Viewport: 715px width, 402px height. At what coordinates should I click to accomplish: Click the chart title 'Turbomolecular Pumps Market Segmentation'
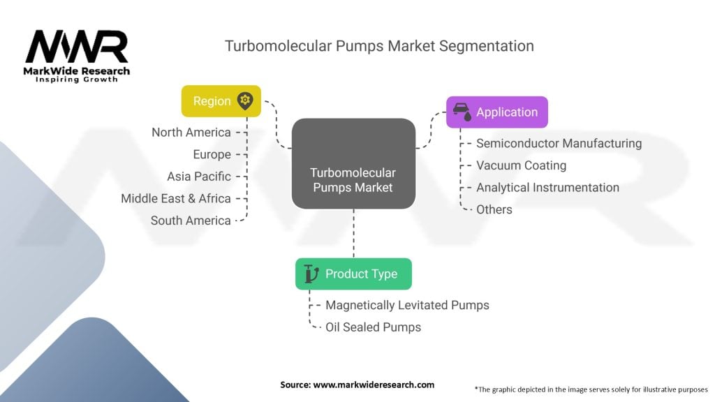click(x=379, y=46)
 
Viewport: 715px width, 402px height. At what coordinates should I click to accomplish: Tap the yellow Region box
click(x=221, y=100)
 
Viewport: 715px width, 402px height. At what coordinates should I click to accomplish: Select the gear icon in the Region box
click(x=244, y=100)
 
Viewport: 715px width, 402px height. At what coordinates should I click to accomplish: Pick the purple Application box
click(x=496, y=112)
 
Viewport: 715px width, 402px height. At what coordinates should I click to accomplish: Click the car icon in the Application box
click(x=461, y=111)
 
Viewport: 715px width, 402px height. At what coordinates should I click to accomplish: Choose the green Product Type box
click(x=353, y=274)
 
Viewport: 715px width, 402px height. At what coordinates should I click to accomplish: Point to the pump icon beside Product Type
click(x=311, y=274)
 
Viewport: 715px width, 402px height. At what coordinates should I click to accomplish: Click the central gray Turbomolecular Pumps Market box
click(x=353, y=163)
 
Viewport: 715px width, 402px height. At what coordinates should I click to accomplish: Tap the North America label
click(x=191, y=132)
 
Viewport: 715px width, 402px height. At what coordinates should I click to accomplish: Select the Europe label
click(x=212, y=154)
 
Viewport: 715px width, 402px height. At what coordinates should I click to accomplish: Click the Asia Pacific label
click(x=199, y=176)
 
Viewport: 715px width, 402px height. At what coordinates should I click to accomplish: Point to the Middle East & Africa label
click(x=176, y=198)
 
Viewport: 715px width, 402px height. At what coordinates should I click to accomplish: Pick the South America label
click(x=191, y=221)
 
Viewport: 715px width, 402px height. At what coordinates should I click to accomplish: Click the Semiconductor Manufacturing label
click(x=559, y=143)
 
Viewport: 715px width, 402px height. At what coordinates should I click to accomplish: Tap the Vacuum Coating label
click(x=521, y=165)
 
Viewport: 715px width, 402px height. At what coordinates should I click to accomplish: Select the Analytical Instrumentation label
click(x=547, y=187)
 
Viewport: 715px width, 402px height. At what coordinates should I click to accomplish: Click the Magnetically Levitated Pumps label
click(x=407, y=305)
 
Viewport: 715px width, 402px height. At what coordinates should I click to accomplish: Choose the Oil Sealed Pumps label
click(x=373, y=327)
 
